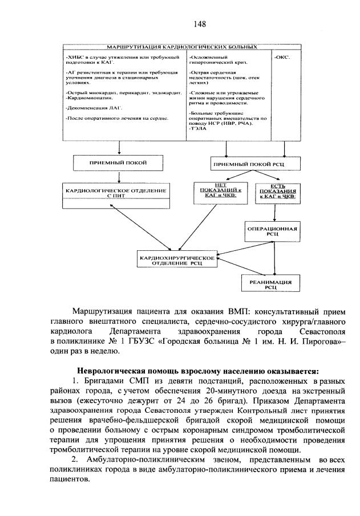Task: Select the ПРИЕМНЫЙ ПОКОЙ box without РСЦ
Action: (118, 163)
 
